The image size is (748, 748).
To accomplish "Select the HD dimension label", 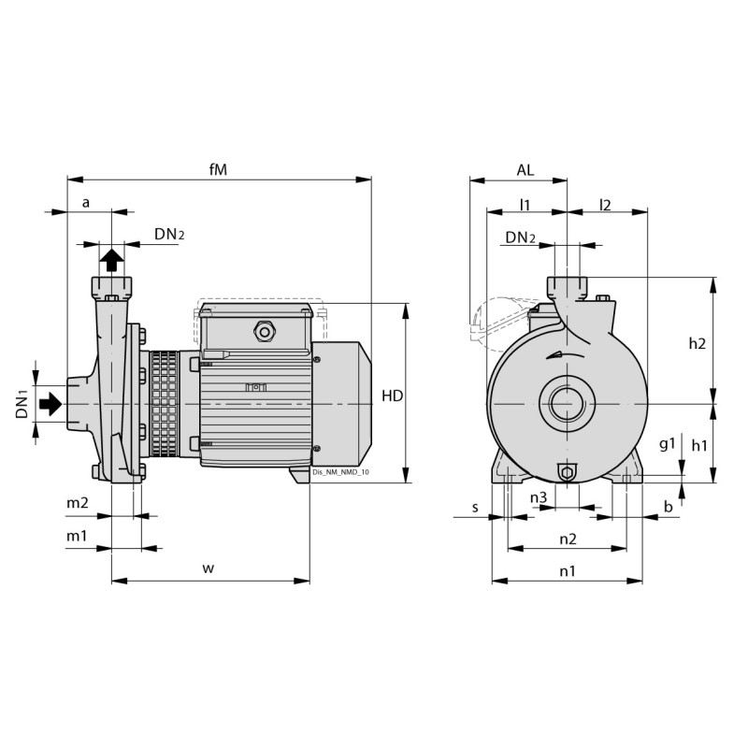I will (393, 396).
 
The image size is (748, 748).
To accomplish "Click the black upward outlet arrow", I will (111, 258).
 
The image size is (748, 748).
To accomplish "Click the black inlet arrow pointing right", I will (50, 403).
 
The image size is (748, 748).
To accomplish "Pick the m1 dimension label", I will (77, 536).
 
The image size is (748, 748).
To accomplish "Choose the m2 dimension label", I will (77, 504).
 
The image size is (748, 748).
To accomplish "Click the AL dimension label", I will (525, 169).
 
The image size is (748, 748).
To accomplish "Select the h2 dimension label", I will (697, 343).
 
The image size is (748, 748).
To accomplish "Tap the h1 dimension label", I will (699, 445).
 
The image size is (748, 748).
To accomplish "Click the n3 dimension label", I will (539, 497).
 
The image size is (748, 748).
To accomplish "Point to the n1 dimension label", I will (568, 569).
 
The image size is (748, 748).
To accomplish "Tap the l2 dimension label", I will (605, 204).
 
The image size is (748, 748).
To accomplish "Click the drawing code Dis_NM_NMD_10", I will (341, 474).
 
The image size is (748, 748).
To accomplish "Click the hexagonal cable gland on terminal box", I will (263, 330).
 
